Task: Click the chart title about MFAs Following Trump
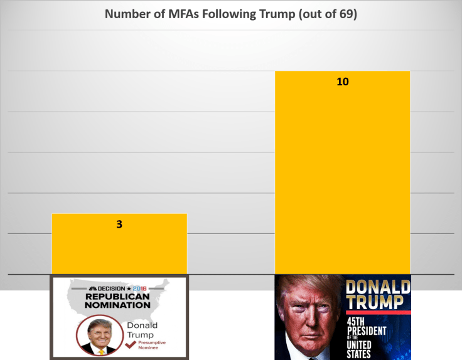231,14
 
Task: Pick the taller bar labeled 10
342,176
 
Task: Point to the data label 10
342,82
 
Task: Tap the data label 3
119,223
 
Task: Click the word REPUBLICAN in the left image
117,296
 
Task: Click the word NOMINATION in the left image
117,305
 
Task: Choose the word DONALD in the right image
378,287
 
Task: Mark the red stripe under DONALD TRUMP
378,312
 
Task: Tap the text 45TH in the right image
359,322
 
